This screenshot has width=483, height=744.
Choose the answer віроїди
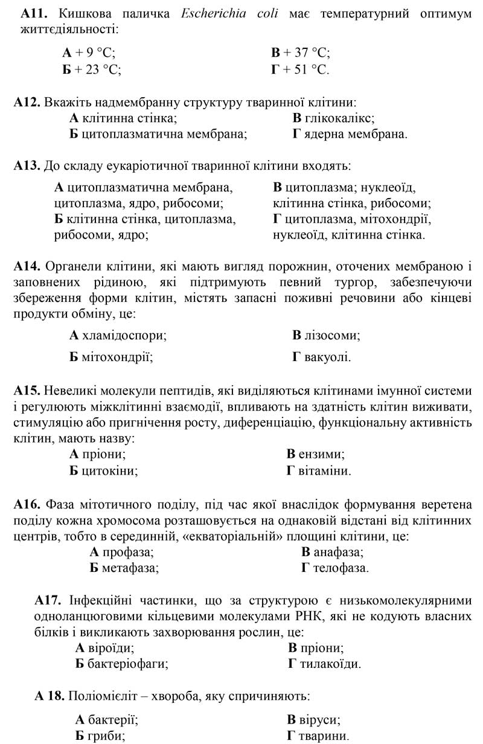point(105,648)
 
